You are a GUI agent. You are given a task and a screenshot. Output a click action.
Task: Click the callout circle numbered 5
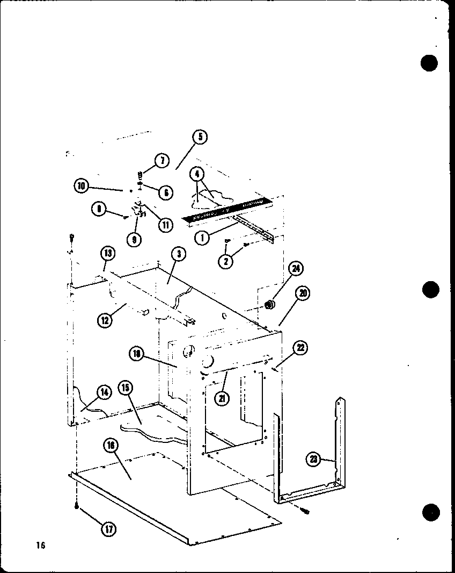[x=199, y=137]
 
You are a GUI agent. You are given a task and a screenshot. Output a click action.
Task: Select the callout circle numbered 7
[x=162, y=160]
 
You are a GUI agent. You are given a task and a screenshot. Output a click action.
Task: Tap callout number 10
[x=82, y=186]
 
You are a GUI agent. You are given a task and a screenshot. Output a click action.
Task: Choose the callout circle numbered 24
[x=295, y=269]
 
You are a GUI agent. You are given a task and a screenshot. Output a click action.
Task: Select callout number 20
[x=303, y=293]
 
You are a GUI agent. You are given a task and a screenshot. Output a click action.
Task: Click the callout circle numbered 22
[x=300, y=349]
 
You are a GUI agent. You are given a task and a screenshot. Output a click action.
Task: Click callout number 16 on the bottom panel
[x=111, y=447]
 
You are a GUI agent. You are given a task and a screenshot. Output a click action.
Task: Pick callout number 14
[x=104, y=392]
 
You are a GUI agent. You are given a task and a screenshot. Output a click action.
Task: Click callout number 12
[x=105, y=321]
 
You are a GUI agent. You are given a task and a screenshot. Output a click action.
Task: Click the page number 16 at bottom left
[x=40, y=546]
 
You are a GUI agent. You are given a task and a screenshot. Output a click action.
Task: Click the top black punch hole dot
[x=429, y=63]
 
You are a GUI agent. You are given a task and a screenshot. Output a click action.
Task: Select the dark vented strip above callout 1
[x=225, y=211]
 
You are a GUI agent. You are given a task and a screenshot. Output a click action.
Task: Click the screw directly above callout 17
[x=77, y=506]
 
